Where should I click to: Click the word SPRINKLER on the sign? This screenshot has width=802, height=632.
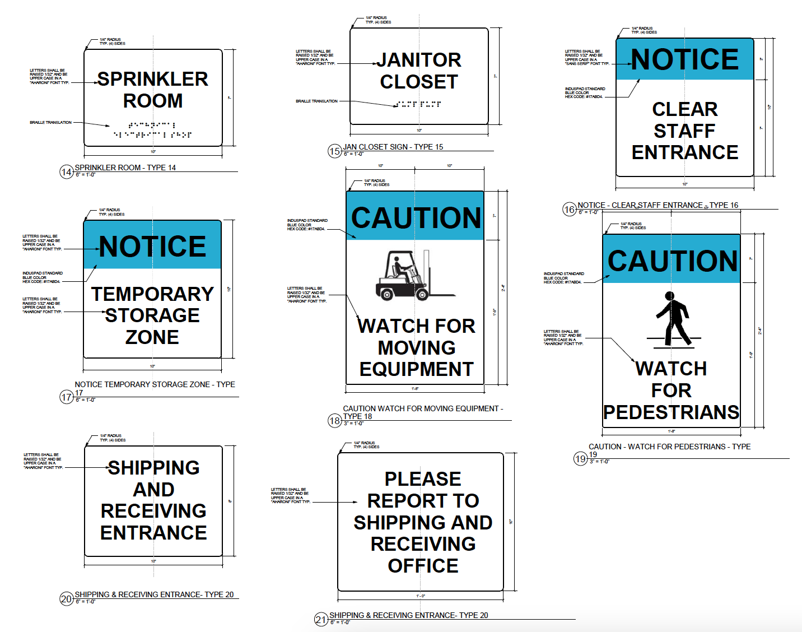[x=153, y=79]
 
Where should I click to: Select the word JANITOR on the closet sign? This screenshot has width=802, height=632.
[x=419, y=60]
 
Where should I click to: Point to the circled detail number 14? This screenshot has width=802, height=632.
[x=66, y=172]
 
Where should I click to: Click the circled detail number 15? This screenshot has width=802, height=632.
[x=334, y=151]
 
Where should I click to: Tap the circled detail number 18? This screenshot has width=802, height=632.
[x=334, y=421]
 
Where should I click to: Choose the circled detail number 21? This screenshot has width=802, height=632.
[x=321, y=620]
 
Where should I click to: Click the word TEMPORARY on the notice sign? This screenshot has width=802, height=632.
[x=152, y=294]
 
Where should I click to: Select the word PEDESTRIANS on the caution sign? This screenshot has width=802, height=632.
[x=671, y=412]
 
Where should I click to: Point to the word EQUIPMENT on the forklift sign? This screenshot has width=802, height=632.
[x=416, y=369]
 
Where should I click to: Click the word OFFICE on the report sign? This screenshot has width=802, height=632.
[x=423, y=566]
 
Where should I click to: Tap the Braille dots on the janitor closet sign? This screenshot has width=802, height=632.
[x=418, y=104]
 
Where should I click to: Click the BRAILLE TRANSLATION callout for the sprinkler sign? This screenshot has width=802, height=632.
[x=51, y=122]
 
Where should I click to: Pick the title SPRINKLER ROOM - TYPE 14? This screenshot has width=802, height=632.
[x=125, y=168]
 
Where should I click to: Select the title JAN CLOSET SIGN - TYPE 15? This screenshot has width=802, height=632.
[x=393, y=147]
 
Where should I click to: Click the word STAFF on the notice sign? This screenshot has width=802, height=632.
[x=684, y=131]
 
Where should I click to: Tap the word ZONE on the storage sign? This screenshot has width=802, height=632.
[x=152, y=337]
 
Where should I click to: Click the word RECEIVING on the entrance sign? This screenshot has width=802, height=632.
[x=153, y=511]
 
